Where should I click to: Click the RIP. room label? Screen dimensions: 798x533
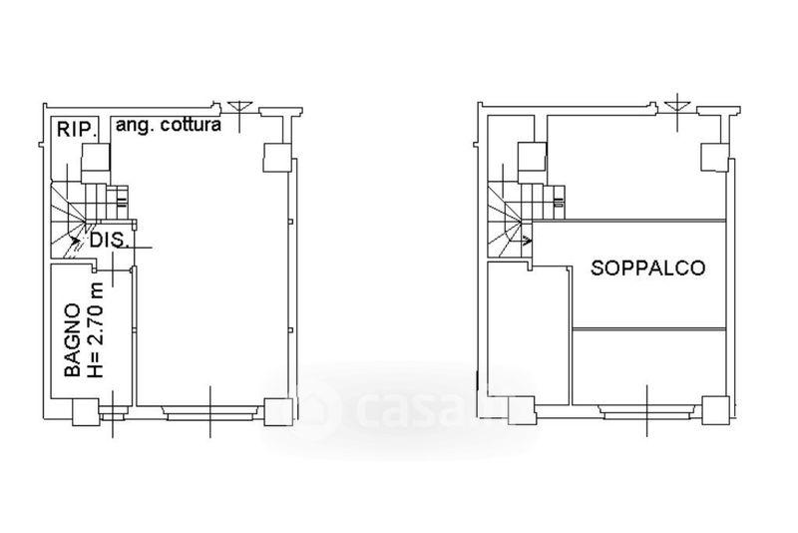point(77,129)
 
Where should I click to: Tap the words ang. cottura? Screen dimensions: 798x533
point(169,125)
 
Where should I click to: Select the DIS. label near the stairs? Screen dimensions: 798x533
point(109,240)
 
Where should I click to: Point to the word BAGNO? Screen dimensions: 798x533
point(72,340)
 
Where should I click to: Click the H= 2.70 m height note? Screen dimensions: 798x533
point(95,329)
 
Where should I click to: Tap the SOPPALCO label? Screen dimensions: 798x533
point(647,267)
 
